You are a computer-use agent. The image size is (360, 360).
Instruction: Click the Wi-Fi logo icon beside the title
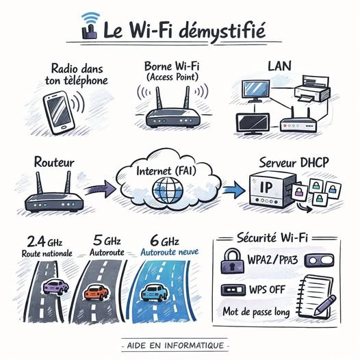click(90, 25)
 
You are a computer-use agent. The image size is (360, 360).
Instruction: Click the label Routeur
click(53, 163)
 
